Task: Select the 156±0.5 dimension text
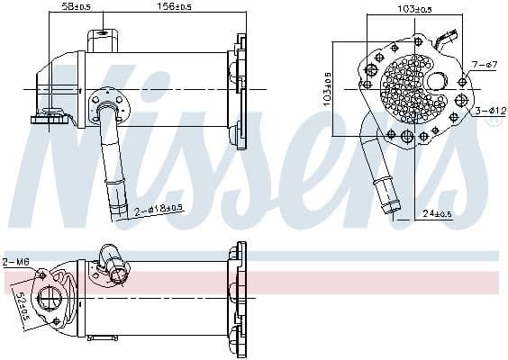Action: (175, 7)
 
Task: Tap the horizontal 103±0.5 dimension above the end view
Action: (413, 8)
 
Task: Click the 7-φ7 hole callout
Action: (484, 64)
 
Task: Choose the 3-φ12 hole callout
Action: (486, 111)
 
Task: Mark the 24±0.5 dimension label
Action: (440, 213)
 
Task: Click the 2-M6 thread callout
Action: (15, 261)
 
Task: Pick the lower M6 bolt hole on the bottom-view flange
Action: (56, 320)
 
